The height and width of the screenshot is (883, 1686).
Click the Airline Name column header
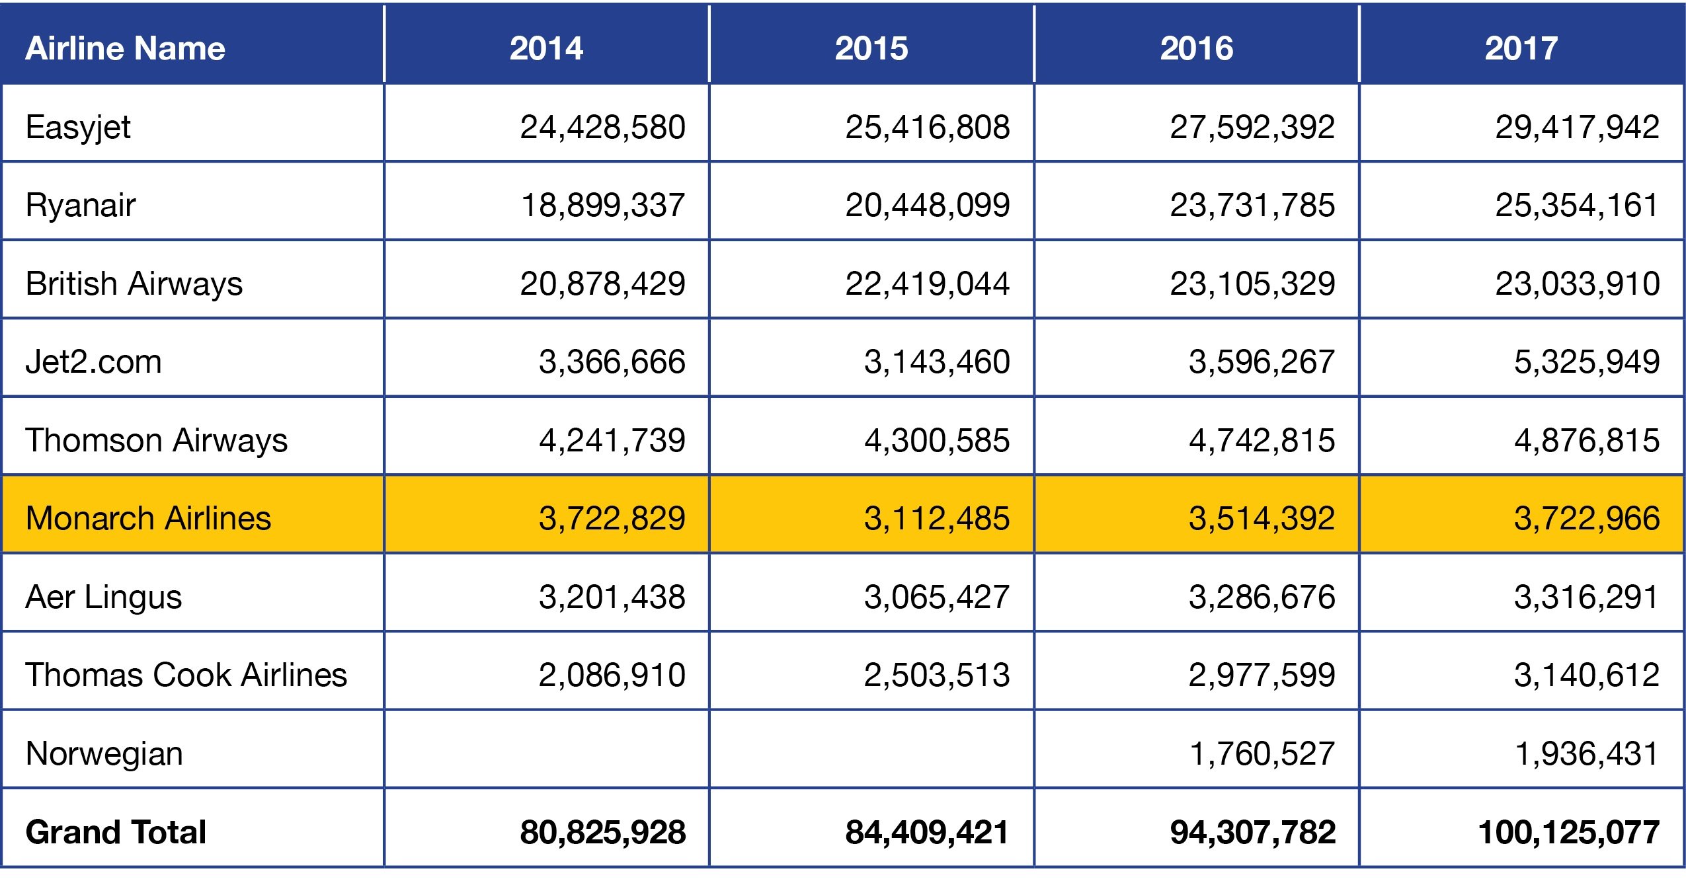[x=125, y=48]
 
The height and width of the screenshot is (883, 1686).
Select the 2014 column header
[x=546, y=48]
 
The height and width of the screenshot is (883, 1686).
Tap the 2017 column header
[x=1521, y=48]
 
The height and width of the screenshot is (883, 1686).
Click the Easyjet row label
[x=78, y=127]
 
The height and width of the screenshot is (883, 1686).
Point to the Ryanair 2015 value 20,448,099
[x=927, y=205]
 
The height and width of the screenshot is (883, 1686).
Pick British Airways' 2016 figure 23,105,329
[x=1252, y=284]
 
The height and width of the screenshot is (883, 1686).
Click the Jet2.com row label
[x=93, y=362]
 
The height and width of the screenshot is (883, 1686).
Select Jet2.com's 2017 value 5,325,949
[x=1587, y=362]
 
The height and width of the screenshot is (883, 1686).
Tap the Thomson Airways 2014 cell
[x=612, y=440]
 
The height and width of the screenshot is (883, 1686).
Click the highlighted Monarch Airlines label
[x=148, y=518]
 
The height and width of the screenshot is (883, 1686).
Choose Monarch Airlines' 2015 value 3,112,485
[x=936, y=518]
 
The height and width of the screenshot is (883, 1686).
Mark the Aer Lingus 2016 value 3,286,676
[x=1262, y=597]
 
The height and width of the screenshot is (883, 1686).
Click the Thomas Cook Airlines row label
[x=186, y=675]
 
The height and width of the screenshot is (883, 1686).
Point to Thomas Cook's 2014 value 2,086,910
[x=612, y=675]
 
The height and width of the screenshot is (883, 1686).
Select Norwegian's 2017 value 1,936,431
[x=1587, y=753]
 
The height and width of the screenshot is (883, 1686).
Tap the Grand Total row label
[x=116, y=831]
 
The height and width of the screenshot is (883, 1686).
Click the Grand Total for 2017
[x=1568, y=831]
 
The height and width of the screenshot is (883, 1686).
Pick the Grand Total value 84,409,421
[x=927, y=831]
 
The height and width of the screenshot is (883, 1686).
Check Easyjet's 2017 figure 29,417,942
[x=1578, y=127]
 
